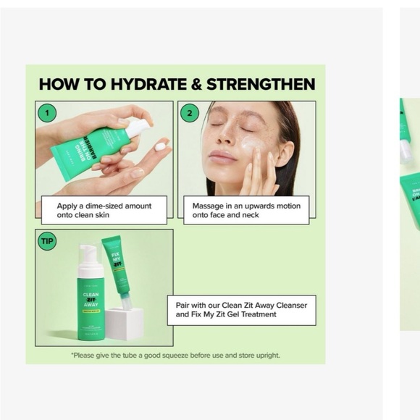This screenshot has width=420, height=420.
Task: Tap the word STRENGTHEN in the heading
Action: point(261,84)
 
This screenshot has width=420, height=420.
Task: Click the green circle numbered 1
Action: point(48,113)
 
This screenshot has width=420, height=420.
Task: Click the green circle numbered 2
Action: point(189,113)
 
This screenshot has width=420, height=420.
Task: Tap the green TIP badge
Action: point(47,241)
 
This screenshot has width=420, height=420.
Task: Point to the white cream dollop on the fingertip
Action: point(160,146)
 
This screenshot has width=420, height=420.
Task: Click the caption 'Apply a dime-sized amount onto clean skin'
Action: point(104,210)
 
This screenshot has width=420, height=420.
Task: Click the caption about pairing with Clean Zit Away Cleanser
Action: point(241,309)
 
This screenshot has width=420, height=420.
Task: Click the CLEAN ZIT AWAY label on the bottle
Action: point(91,300)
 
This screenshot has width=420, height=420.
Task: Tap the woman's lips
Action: point(222,157)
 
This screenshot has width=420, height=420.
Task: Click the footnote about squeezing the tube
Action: point(175,356)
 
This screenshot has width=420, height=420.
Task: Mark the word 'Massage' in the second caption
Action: point(208,206)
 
